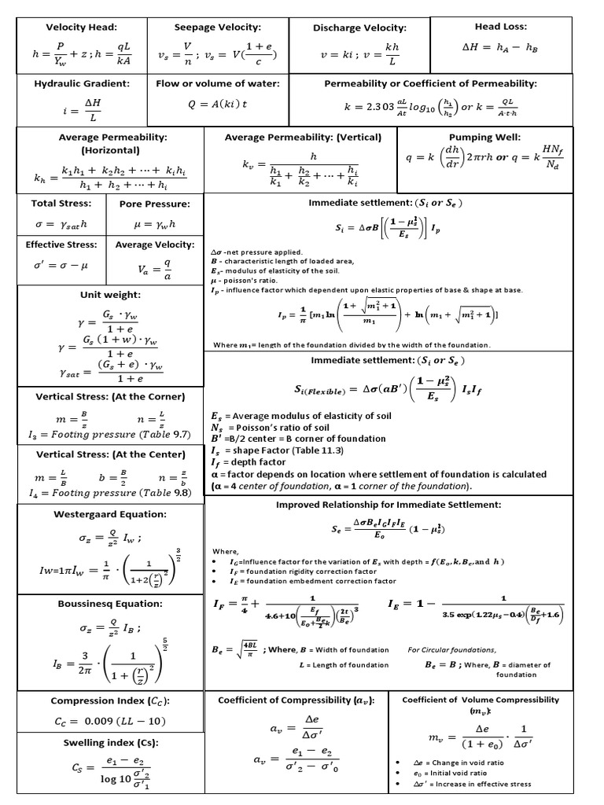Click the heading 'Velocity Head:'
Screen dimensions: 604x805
(x=81, y=27)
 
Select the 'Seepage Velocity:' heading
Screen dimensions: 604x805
(x=217, y=27)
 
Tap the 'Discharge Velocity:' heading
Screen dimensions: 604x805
(x=359, y=28)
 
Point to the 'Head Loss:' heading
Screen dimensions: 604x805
(x=500, y=27)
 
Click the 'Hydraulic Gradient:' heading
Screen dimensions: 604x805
(x=81, y=83)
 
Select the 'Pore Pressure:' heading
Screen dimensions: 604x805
(x=154, y=204)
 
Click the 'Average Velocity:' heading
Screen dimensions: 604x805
(x=154, y=244)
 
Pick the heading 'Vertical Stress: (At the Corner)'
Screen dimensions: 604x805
(x=109, y=396)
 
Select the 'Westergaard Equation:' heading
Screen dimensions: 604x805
(x=109, y=514)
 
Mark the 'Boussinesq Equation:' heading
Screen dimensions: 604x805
(x=109, y=604)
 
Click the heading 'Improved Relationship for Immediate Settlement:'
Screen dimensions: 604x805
(x=388, y=504)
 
